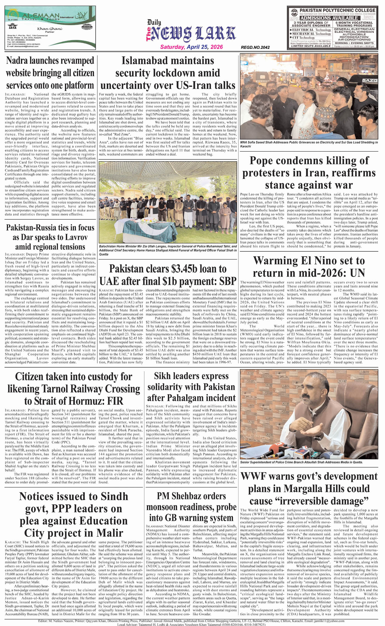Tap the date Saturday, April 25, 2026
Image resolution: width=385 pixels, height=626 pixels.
191,47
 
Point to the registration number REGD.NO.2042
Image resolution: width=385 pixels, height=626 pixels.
255,47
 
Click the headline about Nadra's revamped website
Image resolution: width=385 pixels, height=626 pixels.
50,73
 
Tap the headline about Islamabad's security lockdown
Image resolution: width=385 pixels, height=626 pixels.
167,73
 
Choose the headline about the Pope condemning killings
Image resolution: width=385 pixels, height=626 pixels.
309,173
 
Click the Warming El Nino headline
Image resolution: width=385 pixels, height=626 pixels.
309,266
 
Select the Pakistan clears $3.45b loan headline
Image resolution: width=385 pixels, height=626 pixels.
167,275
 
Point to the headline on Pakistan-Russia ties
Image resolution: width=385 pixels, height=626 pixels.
50,237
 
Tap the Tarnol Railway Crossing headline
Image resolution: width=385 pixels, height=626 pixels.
73,388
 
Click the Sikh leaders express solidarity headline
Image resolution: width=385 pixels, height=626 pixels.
191,387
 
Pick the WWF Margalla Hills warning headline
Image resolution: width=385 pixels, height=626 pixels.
309,488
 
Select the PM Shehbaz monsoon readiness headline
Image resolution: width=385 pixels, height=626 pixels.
191,507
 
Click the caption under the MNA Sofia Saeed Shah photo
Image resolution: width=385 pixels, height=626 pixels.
309,144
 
